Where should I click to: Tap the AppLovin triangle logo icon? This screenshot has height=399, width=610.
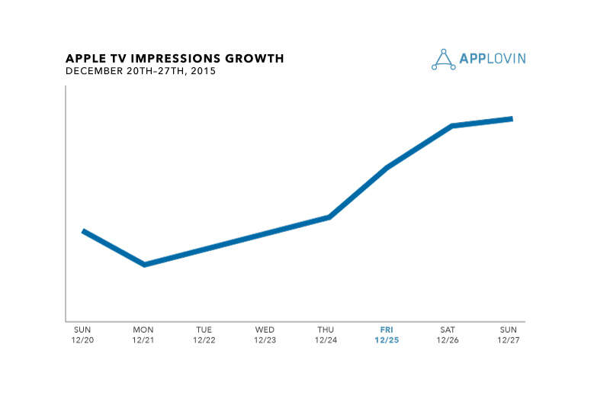pyautogui.click(x=443, y=60)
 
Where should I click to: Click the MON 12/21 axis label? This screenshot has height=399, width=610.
pyautogui.click(x=143, y=334)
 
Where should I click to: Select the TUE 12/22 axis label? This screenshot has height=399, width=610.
pyautogui.click(x=204, y=334)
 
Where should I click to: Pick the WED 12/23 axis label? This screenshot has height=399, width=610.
pyautogui.click(x=265, y=334)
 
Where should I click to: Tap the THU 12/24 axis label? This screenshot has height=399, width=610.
pyautogui.click(x=327, y=334)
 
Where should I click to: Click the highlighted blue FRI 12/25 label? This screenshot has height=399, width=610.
pyautogui.click(x=388, y=334)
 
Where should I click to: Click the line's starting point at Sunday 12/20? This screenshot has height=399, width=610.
pyautogui.click(x=84, y=231)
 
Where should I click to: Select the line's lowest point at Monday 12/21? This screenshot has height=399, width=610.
pyautogui.click(x=144, y=264)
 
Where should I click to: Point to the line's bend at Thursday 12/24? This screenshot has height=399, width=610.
pyautogui.click(x=329, y=217)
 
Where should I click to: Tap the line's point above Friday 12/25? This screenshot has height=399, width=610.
pyautogui.click(x=388, y=167)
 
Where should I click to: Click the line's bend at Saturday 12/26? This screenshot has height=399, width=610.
pyautogui.click(x=452, y=126)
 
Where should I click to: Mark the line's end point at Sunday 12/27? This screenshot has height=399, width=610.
pyautogui.click(x=510, y=119)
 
